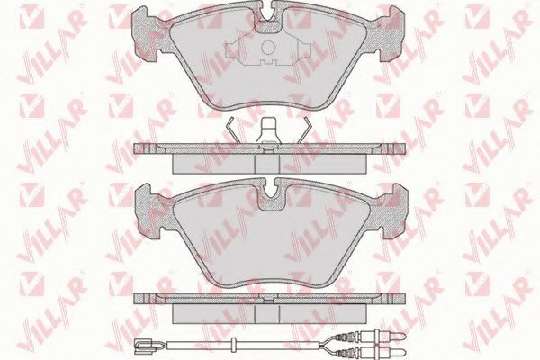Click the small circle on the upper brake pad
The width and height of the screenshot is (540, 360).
(x=268, y=48)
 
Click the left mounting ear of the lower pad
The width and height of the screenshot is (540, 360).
(x=148, y=210)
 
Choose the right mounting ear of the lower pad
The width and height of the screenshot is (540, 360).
(x=391, y=210)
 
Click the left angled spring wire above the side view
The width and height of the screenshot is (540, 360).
(x=232, y=130)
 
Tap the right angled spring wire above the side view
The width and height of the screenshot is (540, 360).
(x=305, y=130)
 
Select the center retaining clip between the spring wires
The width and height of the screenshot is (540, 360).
(x=269, y=130)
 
